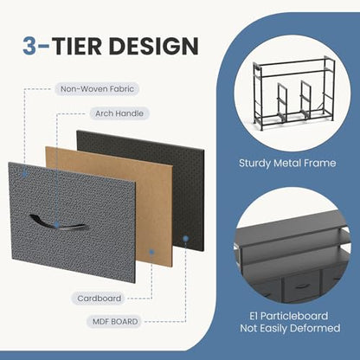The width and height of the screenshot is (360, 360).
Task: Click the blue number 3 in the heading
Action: coord(29,46)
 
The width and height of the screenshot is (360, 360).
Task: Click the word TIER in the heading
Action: coord(76,46)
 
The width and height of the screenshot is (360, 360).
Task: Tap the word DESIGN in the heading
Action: coord(153,46)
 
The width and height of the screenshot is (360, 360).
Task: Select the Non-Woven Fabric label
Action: coord(97,89)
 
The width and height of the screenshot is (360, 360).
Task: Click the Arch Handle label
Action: coord(119,113)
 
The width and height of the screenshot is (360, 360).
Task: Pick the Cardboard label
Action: coord(99,299)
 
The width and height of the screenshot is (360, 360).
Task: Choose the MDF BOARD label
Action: coord(115,321)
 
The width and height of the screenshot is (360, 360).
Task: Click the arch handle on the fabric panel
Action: coord(57,222)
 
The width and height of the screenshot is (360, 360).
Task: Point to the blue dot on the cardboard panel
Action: coord(151,252)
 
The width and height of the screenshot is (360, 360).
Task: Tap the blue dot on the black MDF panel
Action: coord(186,239)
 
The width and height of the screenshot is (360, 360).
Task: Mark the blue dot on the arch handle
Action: coord(56,225)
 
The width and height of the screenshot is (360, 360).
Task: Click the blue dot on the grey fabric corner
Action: coord(24,174)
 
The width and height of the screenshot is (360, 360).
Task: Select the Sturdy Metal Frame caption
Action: coord(287,164)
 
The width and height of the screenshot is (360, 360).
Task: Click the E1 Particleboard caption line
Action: coord(289,316)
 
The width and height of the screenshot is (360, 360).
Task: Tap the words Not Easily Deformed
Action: coord(290,328)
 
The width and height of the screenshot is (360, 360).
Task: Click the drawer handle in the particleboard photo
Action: coord(302,286)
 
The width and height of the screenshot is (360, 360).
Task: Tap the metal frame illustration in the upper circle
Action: coord(294,93)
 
